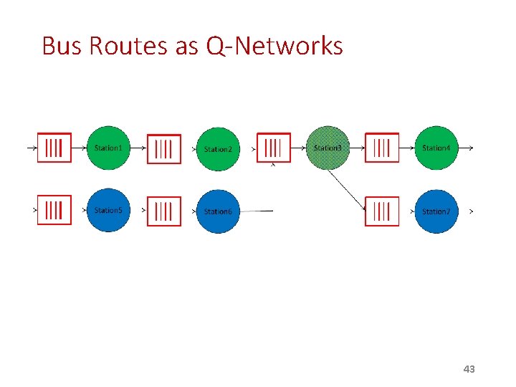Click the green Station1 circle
tap(109, 148)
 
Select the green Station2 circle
tap(218, 149)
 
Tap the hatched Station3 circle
tap(328, 148)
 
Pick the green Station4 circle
tap(436, 148)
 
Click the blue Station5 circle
tap(109, 211)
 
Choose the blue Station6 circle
tap(218, 211)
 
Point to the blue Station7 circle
tap(436, 211)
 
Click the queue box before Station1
tap(54, 148)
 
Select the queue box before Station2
tap(164, 149)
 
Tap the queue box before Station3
tap(274, 148)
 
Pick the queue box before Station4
tap(382, 148)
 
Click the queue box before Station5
tap(54, 211)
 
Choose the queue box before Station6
tap(164, 211)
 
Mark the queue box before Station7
tap(382, 211)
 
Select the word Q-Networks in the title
tap(274, 46)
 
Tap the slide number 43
tap(469, 369)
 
